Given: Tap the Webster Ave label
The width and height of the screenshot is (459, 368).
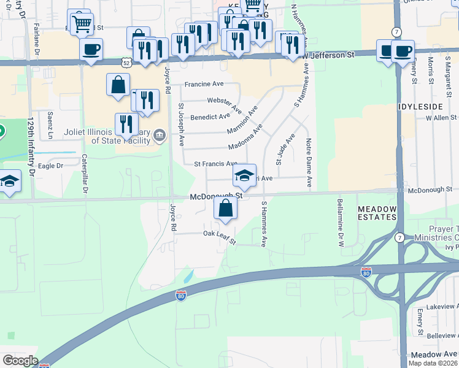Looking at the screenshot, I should [x=224, y=101].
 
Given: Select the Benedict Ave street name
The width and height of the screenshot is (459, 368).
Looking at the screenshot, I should [x=210, y=117].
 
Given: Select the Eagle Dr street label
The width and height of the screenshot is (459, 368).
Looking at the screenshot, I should [x=51, y=166].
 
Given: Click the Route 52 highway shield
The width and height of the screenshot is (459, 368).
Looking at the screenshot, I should [x=126, y=63].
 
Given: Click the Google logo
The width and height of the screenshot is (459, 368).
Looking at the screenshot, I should [x=20, y=361].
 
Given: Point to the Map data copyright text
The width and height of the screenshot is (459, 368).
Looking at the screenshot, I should [x=431, y=363].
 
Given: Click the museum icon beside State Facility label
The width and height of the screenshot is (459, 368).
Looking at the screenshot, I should [x=160, y=135].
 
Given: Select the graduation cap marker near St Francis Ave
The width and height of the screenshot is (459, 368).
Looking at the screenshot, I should [x=244, y=176].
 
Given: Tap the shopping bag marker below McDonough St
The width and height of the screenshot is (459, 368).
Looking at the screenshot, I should [x=226, y=208].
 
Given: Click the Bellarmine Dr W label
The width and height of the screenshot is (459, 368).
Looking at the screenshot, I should [x=339, y=221].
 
